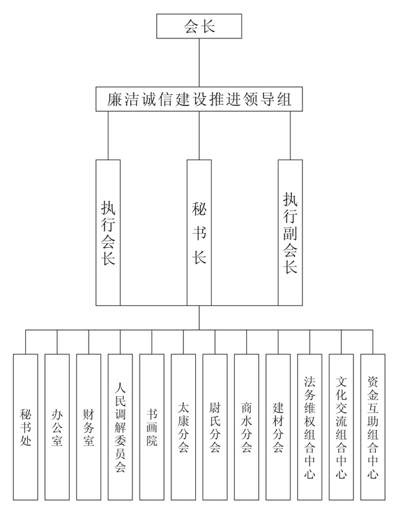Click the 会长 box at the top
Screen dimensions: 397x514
pos(199,26)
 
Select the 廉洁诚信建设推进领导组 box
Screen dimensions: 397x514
pos(199,99)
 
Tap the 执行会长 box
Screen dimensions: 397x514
pos(108,232)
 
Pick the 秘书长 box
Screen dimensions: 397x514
pos(199,232)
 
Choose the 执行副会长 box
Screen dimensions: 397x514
pos(290,232)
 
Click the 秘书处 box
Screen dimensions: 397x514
pos(26,427)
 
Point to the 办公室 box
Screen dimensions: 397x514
pos(57,427)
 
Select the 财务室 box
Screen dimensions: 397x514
pos(89,427)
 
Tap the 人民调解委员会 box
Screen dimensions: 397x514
pos(120,427)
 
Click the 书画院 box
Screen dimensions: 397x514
pos(152,427)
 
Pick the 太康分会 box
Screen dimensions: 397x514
pos(183,427)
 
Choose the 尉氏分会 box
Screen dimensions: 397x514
pos(215,427)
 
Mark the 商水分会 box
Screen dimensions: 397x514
pos(246,427)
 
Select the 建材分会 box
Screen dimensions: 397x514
pos(278,427)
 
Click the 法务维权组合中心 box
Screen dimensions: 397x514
pos(310,427)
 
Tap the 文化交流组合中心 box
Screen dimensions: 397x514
pos(341,427)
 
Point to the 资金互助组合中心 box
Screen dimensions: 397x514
pos(373,427)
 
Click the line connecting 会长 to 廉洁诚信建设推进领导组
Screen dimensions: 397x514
pos(199,63)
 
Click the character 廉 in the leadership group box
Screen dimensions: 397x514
pos(114,99)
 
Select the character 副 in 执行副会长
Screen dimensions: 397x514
pos(290,232)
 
